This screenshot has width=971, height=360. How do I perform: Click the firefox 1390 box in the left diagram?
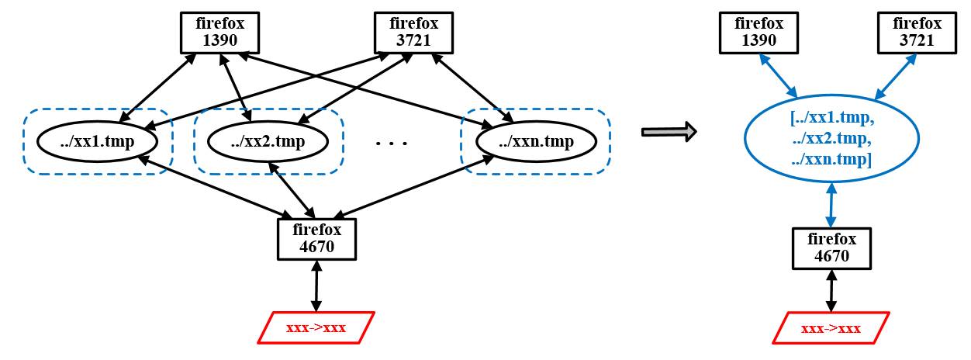pyautogui.click(x=219, y=33)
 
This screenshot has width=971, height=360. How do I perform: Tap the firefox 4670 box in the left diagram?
pyautogui.click(x=316, y=239)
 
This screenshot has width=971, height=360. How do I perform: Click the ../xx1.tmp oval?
pyautogui.click(x=98, y=142)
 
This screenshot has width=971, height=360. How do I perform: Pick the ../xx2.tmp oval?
pyautogui.click(x=268, y=142)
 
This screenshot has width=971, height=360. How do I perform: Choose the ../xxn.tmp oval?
pyautogui.click(x=536, y=142)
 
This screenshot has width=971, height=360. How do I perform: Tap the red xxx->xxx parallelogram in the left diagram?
pyautogui.click(x=316, y=327)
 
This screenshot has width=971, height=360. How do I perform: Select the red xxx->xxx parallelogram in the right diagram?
pyautogui.click(x=831, y=328)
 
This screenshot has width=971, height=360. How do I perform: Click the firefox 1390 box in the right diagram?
pyautogui.click(x=758, y=33)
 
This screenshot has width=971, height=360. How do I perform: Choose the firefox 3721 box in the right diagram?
pyautogui.click(x=917, y=33)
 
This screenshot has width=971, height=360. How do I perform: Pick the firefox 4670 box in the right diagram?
pyautogui.click(x=831, y=247)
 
